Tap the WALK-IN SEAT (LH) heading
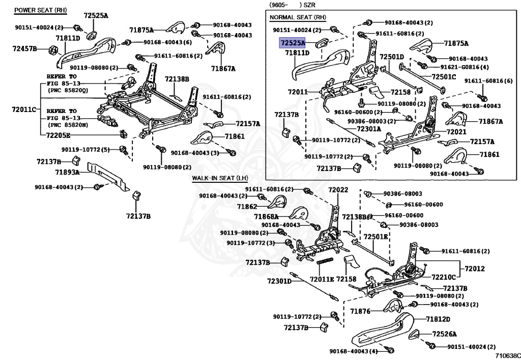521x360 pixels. click(219, 178)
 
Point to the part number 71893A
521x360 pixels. click(67, 173)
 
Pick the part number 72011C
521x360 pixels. click(24, 109)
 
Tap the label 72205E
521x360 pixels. click(59, 135)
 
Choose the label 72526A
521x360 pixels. click(444, 334)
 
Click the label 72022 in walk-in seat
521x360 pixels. click(338, 190)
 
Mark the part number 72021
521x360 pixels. click(456, 131)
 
